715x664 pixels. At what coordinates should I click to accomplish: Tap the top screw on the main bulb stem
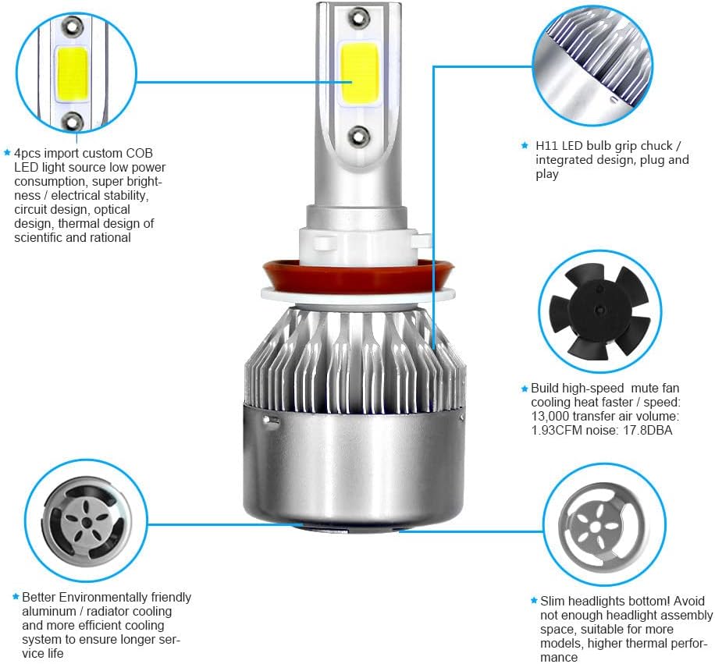coord(357,15)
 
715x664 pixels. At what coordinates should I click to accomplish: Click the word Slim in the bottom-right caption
coord(553,602)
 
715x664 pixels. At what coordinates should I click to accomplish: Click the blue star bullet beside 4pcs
coord(8,154)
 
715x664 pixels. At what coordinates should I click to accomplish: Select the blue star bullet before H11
coord(525,146)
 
